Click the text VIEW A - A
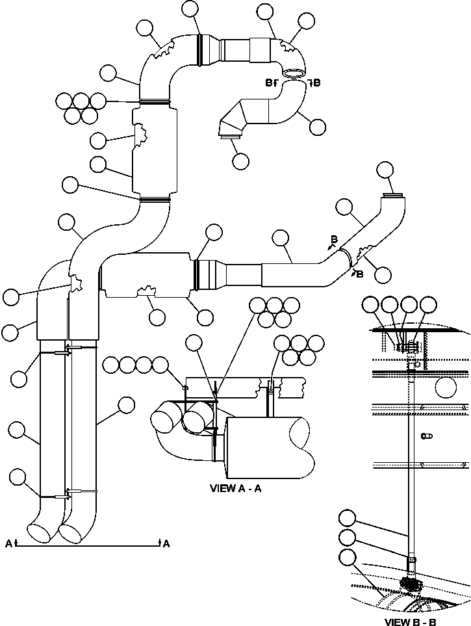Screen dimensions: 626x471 click(235, 488)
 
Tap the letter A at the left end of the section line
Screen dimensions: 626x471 click(8, 544)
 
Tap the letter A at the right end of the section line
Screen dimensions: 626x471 click(166, 544)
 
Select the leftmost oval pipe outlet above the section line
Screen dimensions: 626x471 click(40, 530)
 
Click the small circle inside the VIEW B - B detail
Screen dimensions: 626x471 click(446, 387)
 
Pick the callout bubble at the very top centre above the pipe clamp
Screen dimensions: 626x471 click(190, 8)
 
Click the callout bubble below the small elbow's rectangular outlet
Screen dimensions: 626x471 click(240, 161)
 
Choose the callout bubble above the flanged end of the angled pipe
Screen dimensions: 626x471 click(385, 170)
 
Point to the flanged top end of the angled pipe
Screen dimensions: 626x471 click(393, 195)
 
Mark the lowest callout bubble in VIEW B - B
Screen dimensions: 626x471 click(348, 557)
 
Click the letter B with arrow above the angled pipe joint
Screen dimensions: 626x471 click(334, 241)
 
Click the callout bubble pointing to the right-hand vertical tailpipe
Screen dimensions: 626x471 click(126, 406)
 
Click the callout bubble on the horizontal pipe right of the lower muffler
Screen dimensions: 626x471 click(281, 238)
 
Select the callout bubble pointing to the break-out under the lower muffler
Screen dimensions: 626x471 click(157, 317)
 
